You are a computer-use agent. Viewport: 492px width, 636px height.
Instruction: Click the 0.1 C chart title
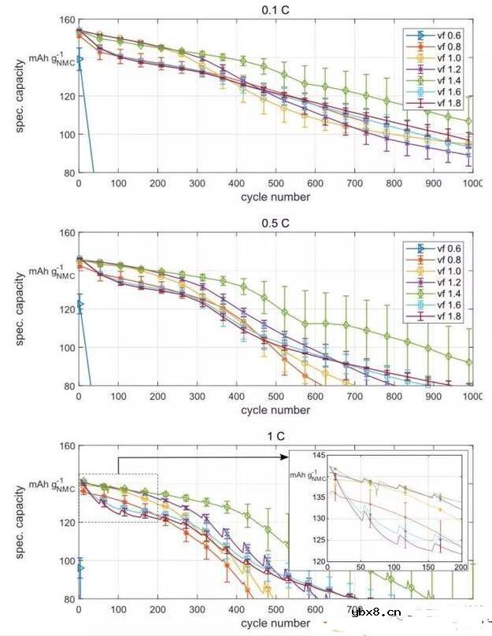[x=275, y=10]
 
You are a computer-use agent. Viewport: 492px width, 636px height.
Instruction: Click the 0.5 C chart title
[x=275, y=224]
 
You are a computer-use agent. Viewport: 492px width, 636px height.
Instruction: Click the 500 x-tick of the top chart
[x=276, y=183]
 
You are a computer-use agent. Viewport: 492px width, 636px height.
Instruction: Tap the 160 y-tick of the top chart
[x=66, y=20]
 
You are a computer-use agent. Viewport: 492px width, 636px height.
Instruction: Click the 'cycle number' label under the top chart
[x=275, y=197]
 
